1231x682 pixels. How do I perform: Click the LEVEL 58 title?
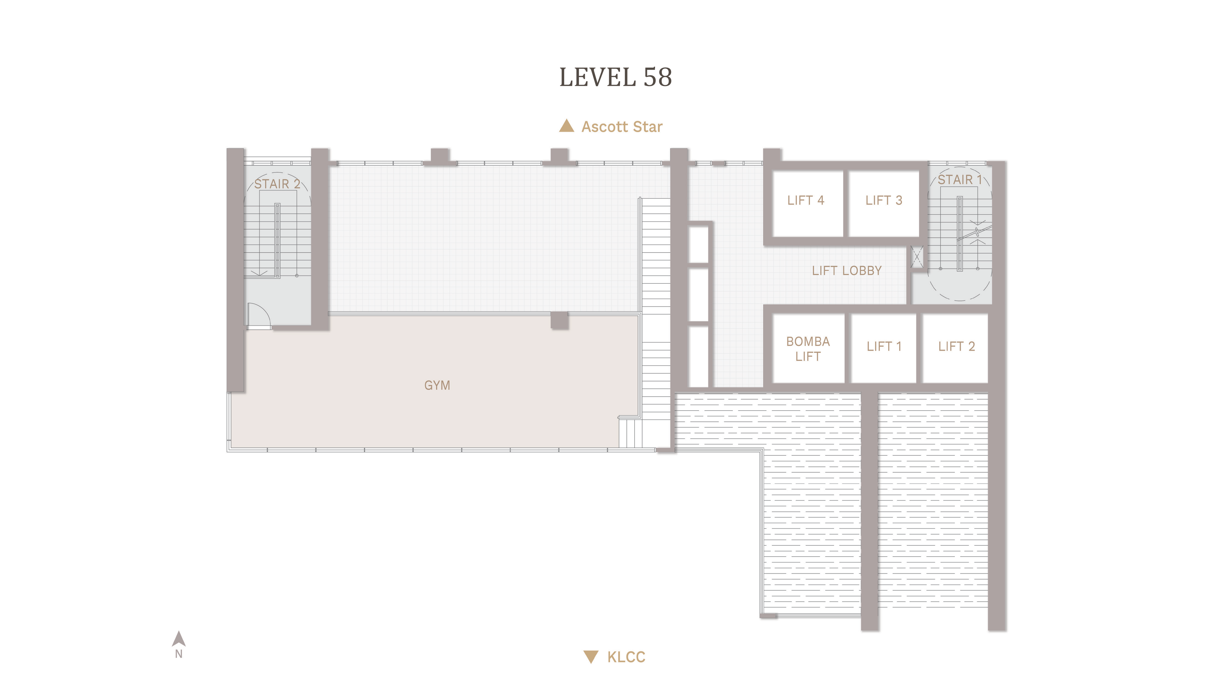pyautogui.click(x=615, y=77)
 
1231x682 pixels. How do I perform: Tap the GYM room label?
pyautogui.click(x=437, y=385)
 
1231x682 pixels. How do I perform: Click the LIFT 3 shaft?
pyautogui.click(x=884, y=203)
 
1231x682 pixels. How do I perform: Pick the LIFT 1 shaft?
pyautogui.click(x=884, y=348)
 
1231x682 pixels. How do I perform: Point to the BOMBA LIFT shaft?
pyautogui.click(x=808, y=348)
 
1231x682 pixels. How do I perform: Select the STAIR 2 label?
pyautogui.click(x=277, y=184)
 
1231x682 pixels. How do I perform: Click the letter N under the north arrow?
pyautogui.click(x=179, y=654)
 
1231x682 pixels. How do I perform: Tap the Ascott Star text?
pyautogui.click(x=622, y=127)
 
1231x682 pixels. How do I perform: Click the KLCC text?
pyautogui.click(x=626, y=657)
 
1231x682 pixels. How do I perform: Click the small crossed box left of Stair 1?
pyautogui.click(x=916, y=257)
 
